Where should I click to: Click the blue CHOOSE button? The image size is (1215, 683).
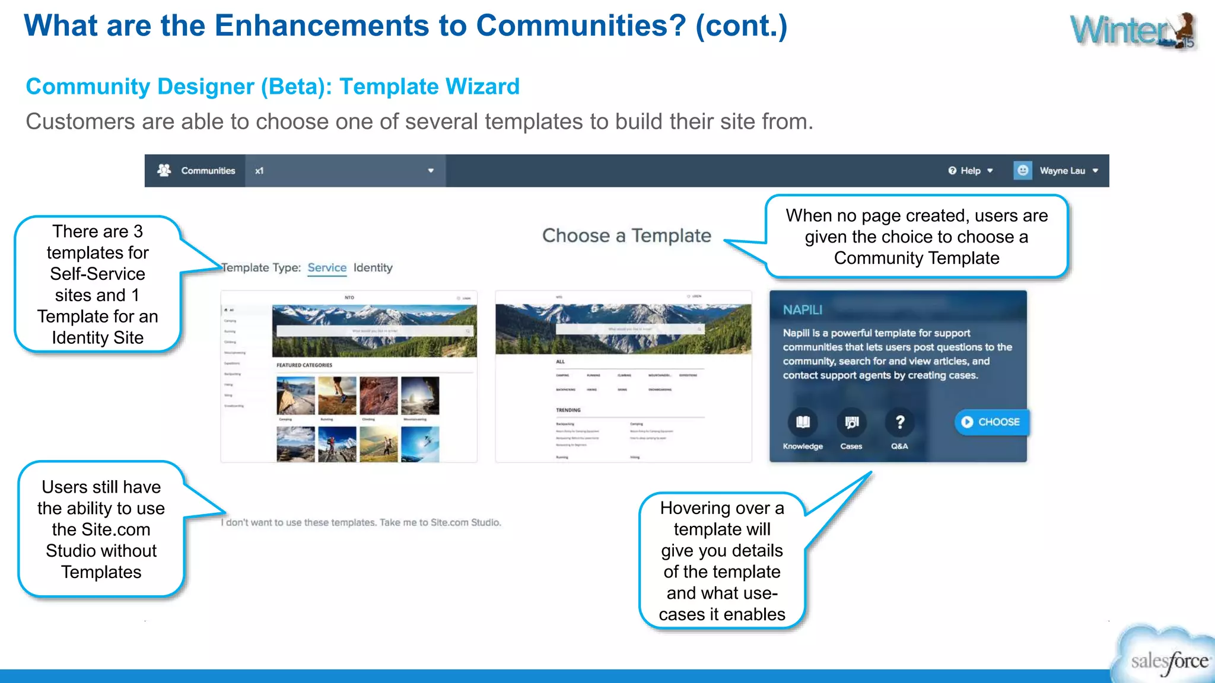[991, 422]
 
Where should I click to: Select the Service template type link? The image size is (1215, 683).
[327, 267]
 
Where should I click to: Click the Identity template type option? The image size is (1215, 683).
[373, 267]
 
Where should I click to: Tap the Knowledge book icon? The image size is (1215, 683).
[802, 422]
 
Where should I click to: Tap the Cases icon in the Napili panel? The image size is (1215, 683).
[851, 422]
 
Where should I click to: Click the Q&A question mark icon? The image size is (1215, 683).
[899, 422]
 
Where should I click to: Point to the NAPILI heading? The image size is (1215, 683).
[802, 310]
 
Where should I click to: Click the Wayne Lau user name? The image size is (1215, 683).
[1062, 171]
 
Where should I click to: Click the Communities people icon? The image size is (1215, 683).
[164, 170]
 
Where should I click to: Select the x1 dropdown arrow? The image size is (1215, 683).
[431, 171]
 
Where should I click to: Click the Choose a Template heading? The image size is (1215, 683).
[626, 235]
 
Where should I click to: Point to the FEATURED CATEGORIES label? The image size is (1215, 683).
[304, 365]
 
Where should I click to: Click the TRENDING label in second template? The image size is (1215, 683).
[568, 410]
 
